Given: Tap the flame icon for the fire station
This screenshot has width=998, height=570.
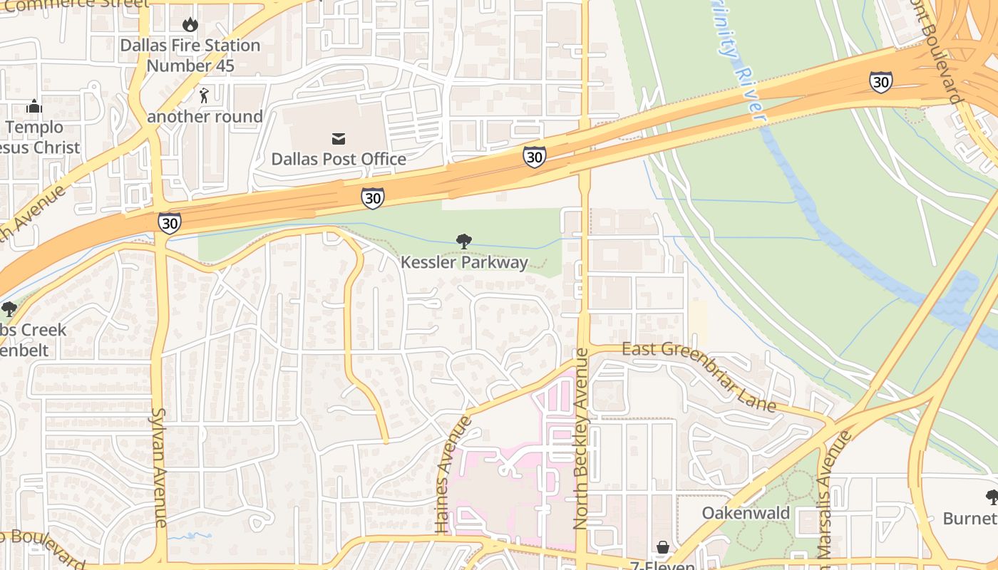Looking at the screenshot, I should tap(190, 25).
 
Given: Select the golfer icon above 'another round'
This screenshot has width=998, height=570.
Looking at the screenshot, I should tap(205, 95).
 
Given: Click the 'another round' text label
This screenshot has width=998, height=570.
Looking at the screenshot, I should tap(205, 117).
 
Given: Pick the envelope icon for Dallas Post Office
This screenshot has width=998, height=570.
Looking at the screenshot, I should tap(338, 138).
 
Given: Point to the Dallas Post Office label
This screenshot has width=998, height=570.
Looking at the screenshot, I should tap(338, 159).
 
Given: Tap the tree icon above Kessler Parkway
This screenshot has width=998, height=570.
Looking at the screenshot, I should tap(464, 242).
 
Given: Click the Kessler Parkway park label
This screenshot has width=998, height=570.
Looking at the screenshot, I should tap(464, 262).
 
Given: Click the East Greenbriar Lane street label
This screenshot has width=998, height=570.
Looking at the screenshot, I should tap(699, 376).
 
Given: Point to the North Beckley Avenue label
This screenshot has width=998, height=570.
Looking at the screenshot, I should tap(582, 438).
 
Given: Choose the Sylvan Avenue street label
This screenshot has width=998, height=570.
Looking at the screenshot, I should tap(159, 467).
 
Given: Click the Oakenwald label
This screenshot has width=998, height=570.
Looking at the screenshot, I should tap(746, 513).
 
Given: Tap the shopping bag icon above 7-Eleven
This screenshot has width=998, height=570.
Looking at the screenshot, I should tap(663, 547).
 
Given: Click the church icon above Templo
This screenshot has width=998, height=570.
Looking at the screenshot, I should tap(34, 107).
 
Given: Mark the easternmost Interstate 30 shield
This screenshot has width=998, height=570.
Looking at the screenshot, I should tap(880, 82).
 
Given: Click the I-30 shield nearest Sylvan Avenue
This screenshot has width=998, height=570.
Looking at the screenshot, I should tap(170, 222).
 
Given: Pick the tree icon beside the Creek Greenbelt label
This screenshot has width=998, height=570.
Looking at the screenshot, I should tap(9, 309).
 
